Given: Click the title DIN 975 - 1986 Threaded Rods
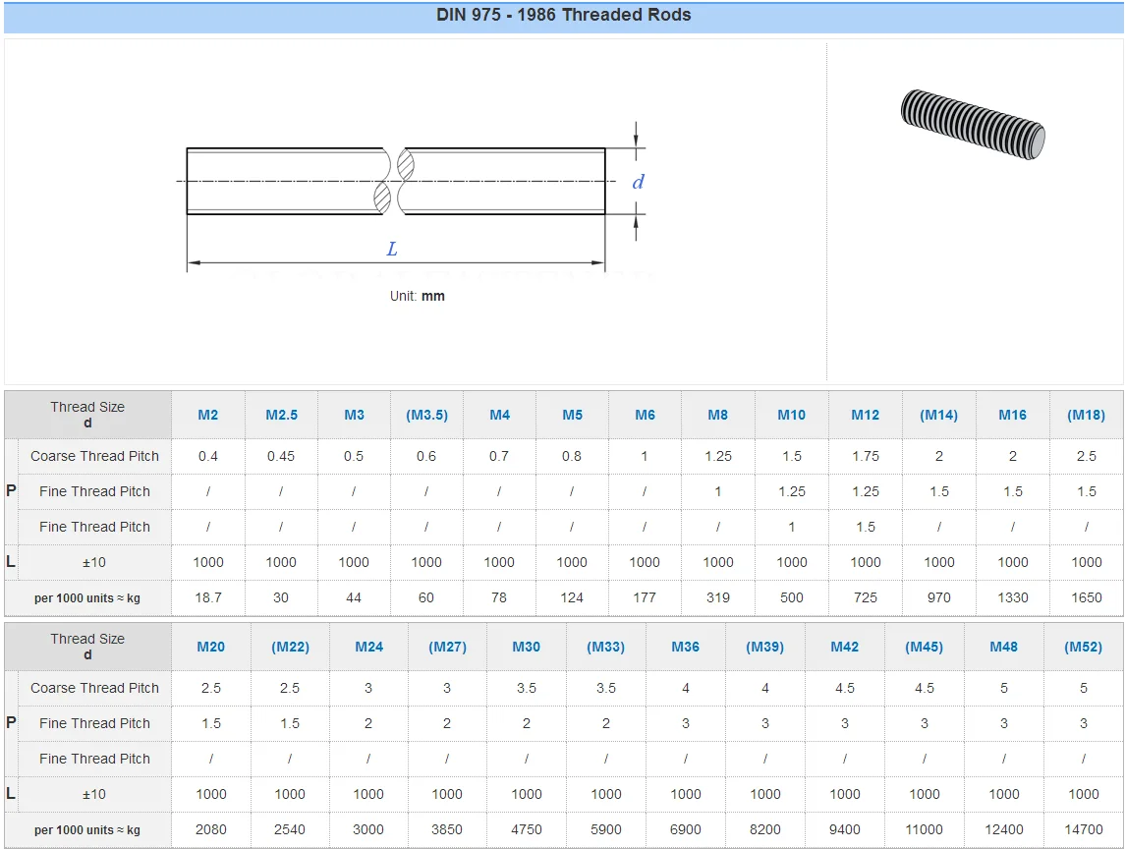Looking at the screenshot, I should click(563, 16).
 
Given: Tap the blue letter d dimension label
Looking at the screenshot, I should click(638, 182).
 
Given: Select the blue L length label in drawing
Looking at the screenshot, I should click(392, 250).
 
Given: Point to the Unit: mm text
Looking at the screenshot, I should click(417, 296).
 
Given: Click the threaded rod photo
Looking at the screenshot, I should click(972, 124).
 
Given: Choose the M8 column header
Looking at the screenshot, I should click(718, 415).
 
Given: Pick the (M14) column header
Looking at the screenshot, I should click(938, 415).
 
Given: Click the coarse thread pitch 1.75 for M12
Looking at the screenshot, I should click(866, 456).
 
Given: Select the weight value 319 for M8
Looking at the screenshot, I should click(718, 597).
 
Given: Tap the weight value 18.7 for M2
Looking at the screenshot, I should click(208, 597).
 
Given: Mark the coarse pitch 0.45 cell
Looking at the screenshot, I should click(281, 456).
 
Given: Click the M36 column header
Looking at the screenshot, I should click(686, 647).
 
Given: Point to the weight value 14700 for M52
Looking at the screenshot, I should click(1084, 829).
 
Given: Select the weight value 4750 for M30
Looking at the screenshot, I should click(527, 829).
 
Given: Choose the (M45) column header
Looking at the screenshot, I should click(924, 647).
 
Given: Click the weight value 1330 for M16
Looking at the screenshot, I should click(1013, 597).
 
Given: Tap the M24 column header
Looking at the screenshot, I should click(368, 647).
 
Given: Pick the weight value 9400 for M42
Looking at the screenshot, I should click(845, 829).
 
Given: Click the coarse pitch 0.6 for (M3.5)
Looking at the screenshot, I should click(426, 456).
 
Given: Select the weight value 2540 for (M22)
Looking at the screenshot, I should click(290, 829).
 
